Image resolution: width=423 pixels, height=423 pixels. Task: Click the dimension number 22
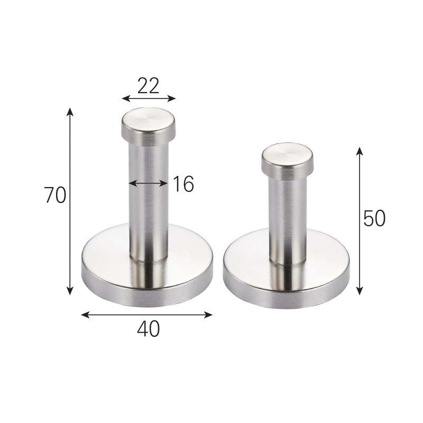[x=148, y=86]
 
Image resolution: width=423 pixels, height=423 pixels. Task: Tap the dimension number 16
[x=183, y=184]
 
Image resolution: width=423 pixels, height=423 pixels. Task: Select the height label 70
[x=55, y=195]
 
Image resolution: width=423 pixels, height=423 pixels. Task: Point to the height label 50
[x=374, y=218]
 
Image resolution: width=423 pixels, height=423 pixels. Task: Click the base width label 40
[x=149, y=328]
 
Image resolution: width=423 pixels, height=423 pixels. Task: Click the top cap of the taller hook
[x=148, y=125]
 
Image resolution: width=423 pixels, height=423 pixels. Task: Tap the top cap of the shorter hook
[x=288, y=161]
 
